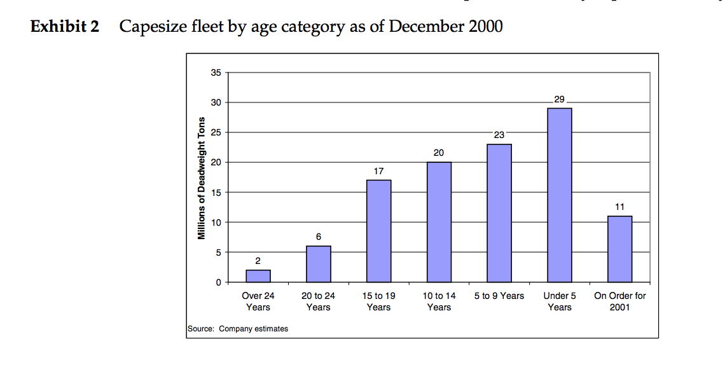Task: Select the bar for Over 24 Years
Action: click(x=258, y=276)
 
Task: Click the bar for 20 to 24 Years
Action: click(x=318, y=264)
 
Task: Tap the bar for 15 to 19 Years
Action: click(x=378, y=231)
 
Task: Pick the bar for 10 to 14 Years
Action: click(x=439, y=222)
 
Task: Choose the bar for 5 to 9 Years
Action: click(x=499, y=213)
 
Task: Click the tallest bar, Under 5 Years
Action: click(x=559, y=195)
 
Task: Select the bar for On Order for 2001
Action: click(x=619, y=249)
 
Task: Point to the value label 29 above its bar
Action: click(x=559, y=100)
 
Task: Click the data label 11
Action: click(x=619, y=207)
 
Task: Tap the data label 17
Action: click(x=378, y=171)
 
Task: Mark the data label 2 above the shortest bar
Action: click(x=258, y=261)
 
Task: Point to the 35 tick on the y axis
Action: click(x=216, y=73)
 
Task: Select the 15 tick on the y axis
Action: click(x=216, y=192)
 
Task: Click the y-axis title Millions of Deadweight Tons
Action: click(x=202, y=178)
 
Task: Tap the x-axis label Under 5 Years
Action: click(x=559, y=301)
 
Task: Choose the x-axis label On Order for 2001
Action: click(x=619, y=301)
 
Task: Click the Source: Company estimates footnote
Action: click(x=238, y=329)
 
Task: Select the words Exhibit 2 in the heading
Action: click(x=65, y=27)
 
